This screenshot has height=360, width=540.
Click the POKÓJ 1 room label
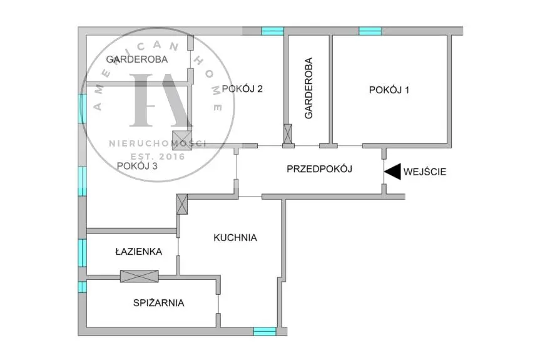(389, 90)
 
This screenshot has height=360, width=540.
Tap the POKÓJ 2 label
(242, 88)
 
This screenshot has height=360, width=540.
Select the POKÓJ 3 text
(137, 167)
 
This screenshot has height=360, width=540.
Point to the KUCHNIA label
(235, 237)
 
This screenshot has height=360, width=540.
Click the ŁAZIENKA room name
(138, 252)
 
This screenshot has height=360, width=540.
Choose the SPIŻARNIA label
(158, 303)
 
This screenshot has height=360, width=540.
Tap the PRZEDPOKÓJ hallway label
(320, 169)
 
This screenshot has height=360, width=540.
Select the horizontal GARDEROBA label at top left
(136, 59)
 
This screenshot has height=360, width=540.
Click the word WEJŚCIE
(425, 172)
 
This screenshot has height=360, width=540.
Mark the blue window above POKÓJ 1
(370, 31)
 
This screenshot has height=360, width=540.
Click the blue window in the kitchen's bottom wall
(264, 331)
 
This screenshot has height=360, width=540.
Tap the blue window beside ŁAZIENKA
(82, 253)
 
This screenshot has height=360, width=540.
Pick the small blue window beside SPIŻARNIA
(82, 287)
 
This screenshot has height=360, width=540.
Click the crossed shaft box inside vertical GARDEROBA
(288, 133)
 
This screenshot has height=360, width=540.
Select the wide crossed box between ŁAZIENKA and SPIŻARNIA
(139, 276)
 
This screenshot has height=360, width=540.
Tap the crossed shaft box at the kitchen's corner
(183, 204)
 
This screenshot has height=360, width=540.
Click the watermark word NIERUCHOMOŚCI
(158, 143)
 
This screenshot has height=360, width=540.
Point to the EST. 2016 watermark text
(158, 156)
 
